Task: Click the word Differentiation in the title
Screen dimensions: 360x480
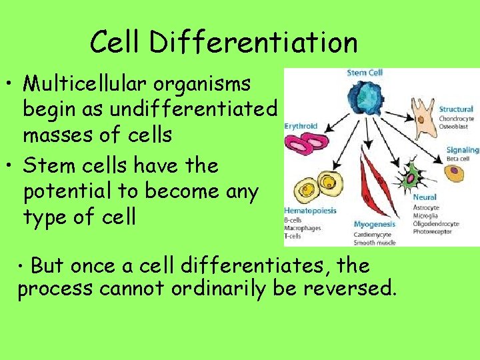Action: tap(253, 43)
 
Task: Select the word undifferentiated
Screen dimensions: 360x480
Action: tap(202, 109)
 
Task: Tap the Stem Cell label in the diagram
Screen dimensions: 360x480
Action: tap(365, 73)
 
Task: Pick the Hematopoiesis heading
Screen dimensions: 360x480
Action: tap(310, 211)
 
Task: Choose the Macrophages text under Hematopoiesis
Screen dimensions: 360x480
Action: tap(303, 228)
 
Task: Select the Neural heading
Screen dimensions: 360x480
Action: tap(425, 197)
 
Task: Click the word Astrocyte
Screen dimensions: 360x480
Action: tap(427, 207)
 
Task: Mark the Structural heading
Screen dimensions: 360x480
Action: tap(456, 109)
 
